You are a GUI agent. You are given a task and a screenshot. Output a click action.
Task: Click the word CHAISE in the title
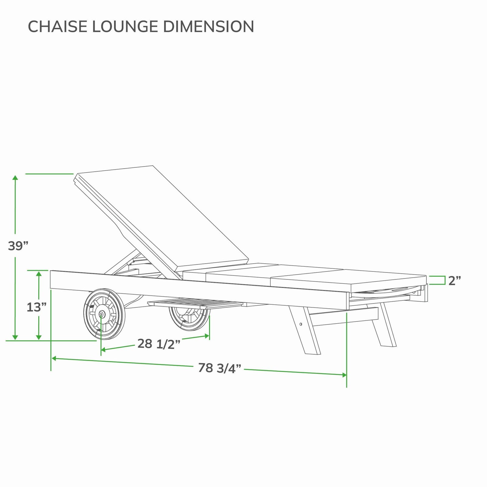coord(58,26)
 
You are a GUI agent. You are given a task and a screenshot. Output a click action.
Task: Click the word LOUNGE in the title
coord(125,26)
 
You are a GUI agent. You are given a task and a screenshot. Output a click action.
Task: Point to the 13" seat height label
coord(37,307)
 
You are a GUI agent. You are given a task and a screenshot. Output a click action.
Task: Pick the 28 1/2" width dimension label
coord(159,344)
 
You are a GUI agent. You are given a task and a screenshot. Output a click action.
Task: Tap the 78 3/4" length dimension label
coord(219,368)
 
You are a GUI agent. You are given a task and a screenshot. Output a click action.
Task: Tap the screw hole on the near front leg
coord(301,324)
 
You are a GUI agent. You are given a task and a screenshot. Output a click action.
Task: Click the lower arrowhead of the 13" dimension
coord(39,336)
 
